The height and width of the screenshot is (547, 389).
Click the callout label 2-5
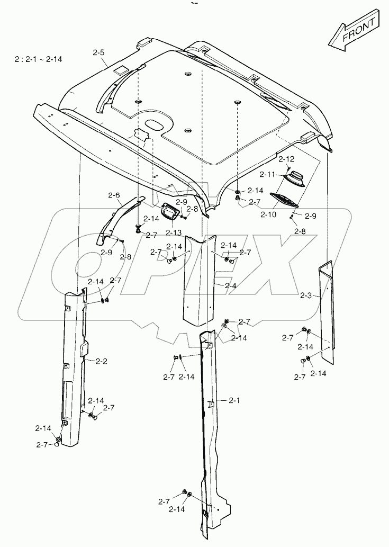point(98,52)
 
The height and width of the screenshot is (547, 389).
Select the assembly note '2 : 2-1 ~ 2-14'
point(39,59)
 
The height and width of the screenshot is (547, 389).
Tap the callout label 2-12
point(286,159)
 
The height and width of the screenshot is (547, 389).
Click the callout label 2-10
point(268,214)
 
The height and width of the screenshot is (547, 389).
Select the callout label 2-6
point(114,195)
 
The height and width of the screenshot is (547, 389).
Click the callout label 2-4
point(230,285)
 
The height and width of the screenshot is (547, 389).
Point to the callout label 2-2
point(101,361)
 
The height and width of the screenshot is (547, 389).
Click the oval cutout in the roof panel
point(155,124)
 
